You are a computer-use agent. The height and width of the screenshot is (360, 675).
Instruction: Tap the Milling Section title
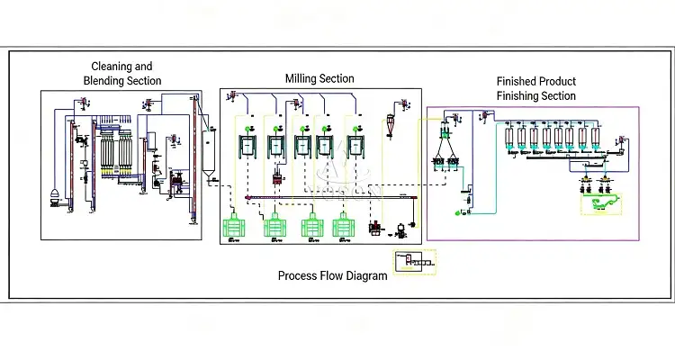[x=319, y=79]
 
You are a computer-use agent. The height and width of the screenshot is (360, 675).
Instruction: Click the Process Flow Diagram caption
[x=332, y=275]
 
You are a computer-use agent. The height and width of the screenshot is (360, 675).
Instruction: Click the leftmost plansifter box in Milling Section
[x=247, y=144]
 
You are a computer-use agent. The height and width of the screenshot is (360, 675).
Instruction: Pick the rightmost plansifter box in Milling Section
[x=360, y=144]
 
